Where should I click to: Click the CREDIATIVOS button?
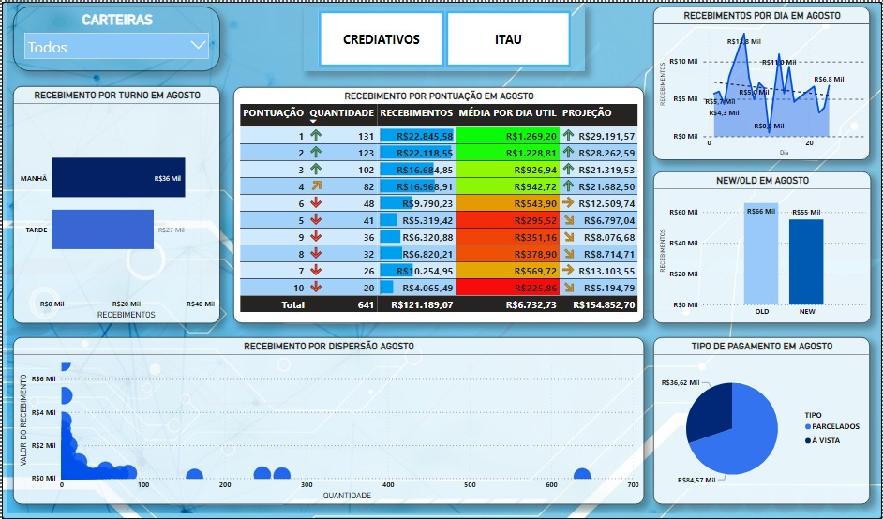tap(381, 39)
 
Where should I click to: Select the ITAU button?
tap(508, 39)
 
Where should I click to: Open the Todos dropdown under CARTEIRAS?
tap(117, 46)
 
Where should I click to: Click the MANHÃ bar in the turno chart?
tap(118, 177)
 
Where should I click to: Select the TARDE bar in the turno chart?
tap(102, 230)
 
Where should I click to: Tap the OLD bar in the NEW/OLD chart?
tap(761, 254)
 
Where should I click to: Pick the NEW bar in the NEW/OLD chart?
tap(806, 261)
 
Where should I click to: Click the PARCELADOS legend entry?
tap(831, 426)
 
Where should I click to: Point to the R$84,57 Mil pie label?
tap(696, 480)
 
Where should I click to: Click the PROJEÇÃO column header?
tap(587, 113)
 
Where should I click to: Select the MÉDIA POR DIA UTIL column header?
tap(507, 113)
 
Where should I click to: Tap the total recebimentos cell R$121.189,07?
tap(415, 304)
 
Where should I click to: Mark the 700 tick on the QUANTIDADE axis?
tap(633, 485)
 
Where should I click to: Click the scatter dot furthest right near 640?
tap(582, 475)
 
